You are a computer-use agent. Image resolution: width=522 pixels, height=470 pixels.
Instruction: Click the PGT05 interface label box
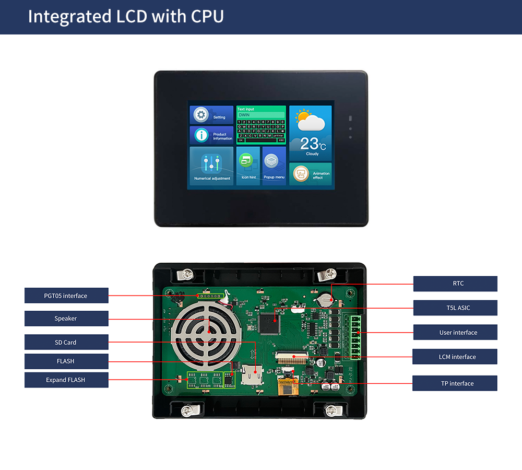pyautogui.click(x=66, y=296)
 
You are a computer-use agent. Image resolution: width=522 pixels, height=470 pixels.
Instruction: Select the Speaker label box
pyautogui.click(x=66, y=319)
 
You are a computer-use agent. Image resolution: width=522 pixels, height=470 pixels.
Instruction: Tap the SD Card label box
pyautogui.click(x=66, y=343)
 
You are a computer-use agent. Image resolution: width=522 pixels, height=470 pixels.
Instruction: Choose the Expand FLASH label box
pyautogui.click(x=66, y=380)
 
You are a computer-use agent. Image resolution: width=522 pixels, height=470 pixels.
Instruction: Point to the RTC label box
pyautogui.click(x=455, y=284)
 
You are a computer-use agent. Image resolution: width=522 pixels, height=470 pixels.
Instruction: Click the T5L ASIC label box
pyautogui.click(x=455, y=308)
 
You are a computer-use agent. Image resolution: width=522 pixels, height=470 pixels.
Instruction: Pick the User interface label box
pyautogui.click(x=455, y=332)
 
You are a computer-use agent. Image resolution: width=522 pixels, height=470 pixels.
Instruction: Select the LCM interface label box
pyautogui.click(x=455, y=357)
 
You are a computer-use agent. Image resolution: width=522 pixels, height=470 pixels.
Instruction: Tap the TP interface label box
pyautogui.click(x=455, y=383)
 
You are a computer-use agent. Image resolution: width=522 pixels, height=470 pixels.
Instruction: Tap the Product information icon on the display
pyautogui.click(x=201, y=135)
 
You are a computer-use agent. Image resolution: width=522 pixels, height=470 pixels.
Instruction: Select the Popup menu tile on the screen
pyautogui.click(x=274, y=165)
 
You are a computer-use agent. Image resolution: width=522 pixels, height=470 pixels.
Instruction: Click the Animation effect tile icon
pyautogui.click(x=301, y=173)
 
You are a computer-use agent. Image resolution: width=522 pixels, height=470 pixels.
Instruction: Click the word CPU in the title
pyautogui.click(x=207, y=16)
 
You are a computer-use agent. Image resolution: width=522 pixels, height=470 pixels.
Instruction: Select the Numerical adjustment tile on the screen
pyautogui.click(x=211, y=165)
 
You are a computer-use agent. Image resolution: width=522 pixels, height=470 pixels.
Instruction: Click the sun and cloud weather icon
pyautogui.click(x=310, y=120)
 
